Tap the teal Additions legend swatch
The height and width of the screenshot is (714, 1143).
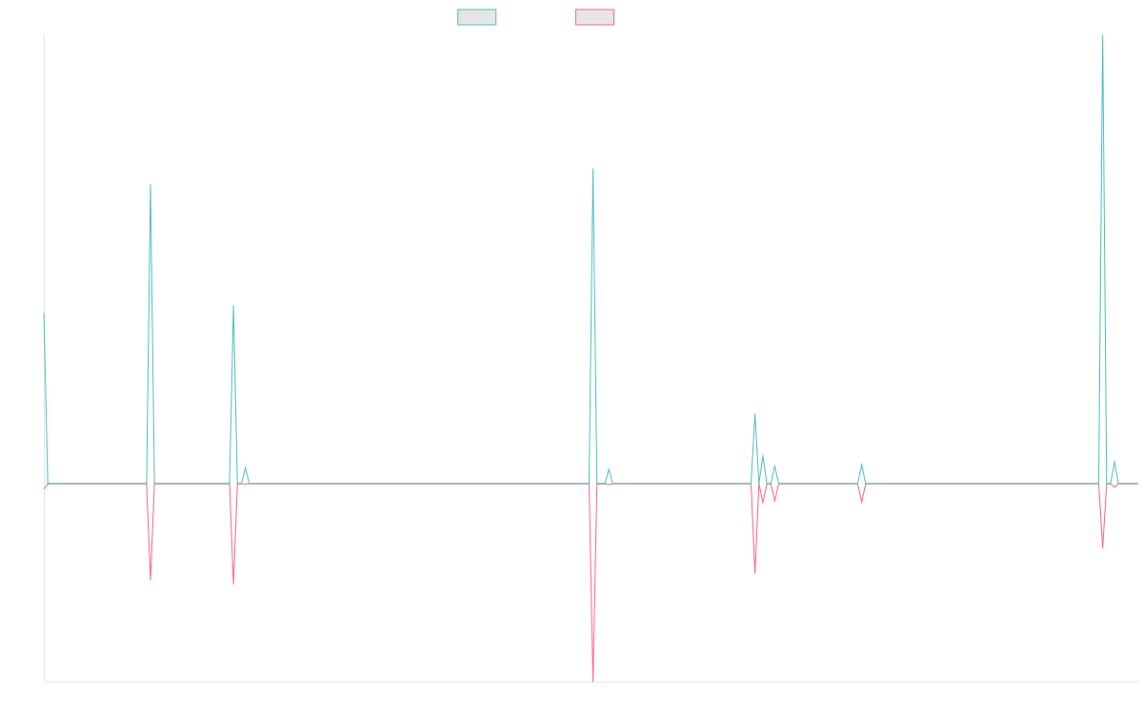click(x=477, y=17)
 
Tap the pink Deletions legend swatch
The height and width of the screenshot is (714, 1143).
click(x=595, y=17)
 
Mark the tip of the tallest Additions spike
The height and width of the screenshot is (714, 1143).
click(x=1103, y=35)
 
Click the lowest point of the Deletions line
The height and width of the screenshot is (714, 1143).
click(x=593, y=681)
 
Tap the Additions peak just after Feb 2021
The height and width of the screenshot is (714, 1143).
click(x=150, y=185)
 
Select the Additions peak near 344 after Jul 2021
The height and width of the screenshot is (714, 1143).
click(x=233, y=306)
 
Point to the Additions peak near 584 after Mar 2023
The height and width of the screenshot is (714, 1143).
click(x=593, y=169)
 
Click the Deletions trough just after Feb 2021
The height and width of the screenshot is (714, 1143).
click(x=150, y=579)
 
